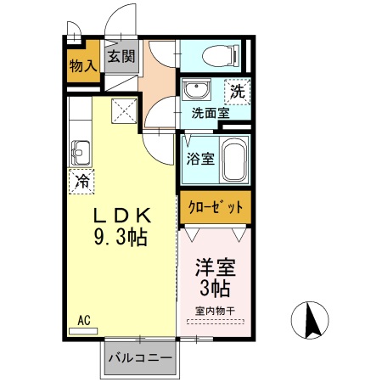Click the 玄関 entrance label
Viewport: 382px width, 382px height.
(x=121, y=58)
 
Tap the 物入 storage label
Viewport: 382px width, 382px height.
(x=82, y=66)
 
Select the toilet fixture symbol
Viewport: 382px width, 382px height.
(x=222, y=56)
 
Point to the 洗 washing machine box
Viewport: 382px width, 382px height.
(x=237, y=89)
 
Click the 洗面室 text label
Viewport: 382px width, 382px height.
(x=208, y=111)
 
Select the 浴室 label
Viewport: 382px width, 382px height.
(x=201, y=157)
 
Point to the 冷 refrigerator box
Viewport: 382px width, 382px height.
(x=82, y=180)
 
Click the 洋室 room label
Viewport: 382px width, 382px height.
(x=216, y=266)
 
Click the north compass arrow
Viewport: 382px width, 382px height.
(x=312, y=320)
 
